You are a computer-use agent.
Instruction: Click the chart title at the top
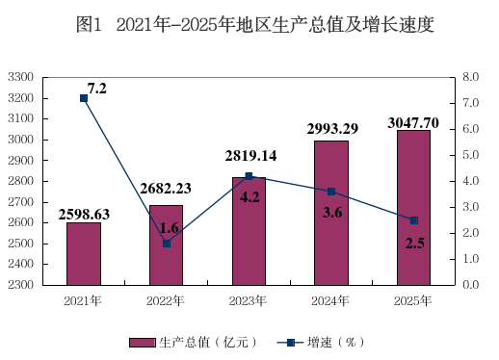pyautogui.click(x=255, y=24)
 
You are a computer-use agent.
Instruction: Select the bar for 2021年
pyautogui.click(x=84, y=254)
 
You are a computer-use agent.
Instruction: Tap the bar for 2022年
pyautogui.click(x=166, y=245)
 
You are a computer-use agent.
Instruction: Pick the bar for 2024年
pyautogui.click(x=331, y=213)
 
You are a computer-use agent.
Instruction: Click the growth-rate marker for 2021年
pyautogui.click(x=84, y=98)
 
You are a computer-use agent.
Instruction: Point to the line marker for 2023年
pyautogui.click(x=249, y=176)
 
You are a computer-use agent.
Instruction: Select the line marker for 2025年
pyautogui.click(x=414, y=220)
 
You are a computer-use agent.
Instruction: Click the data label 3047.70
pyautogui.click(x=413, y=123)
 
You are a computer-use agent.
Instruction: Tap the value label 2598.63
pyautogui.click(x=84, y=215)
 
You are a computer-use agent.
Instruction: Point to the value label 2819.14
pyautogui.click(x=250, y=156)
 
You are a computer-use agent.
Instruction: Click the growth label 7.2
pyautogui.click(x=97, y=89)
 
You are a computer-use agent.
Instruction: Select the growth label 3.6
pyautogui.click(x=332, y=213)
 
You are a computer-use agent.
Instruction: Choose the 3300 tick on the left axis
pyautogui.click(x=21, y=77)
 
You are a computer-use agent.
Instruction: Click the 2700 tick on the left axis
pyautogui.click(x=21, y=202)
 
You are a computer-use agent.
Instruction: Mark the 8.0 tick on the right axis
pyautogui.click(x=470, y=77)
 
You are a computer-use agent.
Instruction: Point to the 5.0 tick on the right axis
pyautogui.click(x=470, y=155)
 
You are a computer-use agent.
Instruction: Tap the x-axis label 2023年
pyautogui.click(x=248, y=301)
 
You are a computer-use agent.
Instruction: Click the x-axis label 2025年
pyautogui.click(x=412, y=301)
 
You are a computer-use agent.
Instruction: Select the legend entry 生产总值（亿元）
pyautogui.click(x=194, y=343)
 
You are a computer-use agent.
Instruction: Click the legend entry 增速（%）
pyautogui.click(x=321, y=343)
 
